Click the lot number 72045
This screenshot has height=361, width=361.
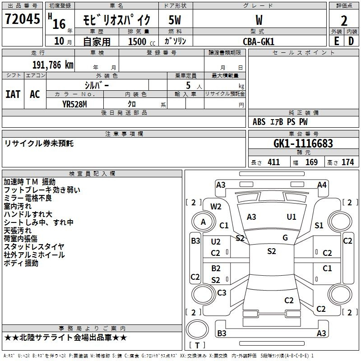click(x=22, y=19)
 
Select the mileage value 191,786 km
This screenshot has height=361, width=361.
click(x=53, y=65)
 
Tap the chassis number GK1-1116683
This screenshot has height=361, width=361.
click(x=303, y=143)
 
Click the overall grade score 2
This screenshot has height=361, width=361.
click(x=344, y=21)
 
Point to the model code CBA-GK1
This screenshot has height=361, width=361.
click(x=259, y=42)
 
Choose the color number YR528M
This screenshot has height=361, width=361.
click(x=74, y=104)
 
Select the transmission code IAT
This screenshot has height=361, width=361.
click(x=13, y=94)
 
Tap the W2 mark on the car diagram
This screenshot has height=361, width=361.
click(x=216, y=207)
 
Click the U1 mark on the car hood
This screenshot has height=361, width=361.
click(x=292, y=217)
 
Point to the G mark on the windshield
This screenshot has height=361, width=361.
click(x=285, y=237)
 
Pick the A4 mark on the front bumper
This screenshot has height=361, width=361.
click(x=322, y=185)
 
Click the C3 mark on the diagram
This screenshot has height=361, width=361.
click(x=222, y=292)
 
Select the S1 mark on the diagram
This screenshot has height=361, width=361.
click(x=319, y=225)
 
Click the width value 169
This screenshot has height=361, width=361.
click(x=311, y=162)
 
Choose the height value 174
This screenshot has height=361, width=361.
click(x=347, y=162)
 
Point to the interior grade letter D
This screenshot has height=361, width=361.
click(x=351, y=41)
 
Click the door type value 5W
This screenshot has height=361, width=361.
click(x=175, y=20)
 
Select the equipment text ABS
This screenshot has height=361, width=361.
click(x=259, y=122)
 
